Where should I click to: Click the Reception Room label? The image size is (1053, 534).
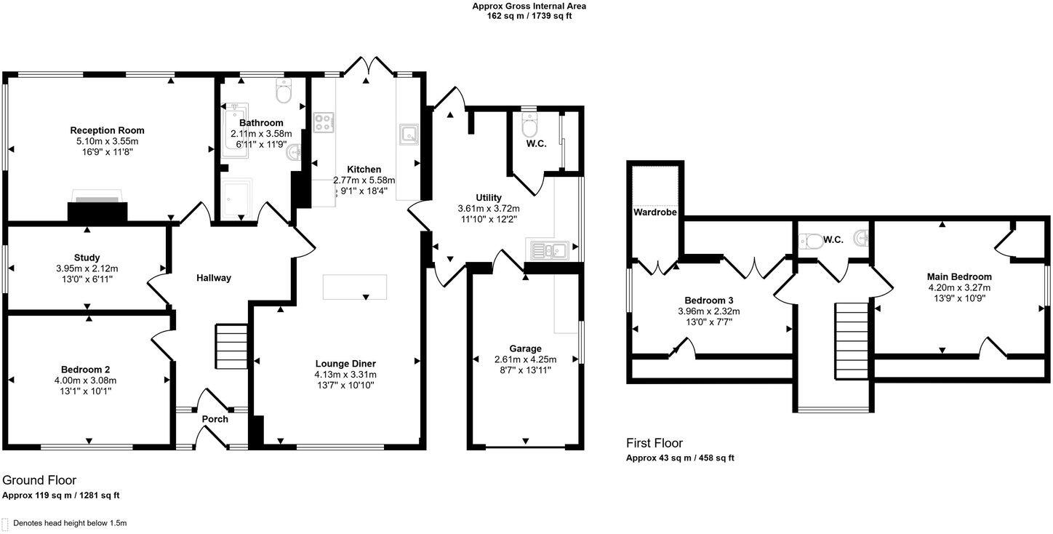pyautogui.click(x=107, y=131)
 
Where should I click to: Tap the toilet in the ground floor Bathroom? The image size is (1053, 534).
pyautogui.click(x=284, y=92)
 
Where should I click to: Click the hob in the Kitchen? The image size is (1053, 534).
pyautogui.click(x=323, y=123)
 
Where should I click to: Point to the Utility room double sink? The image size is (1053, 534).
pyautogui.click(x=549, y=251)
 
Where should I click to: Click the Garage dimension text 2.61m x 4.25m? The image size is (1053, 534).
pyautogui.click(x=525, y=359)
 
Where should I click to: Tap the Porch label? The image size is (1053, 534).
pyautogui.click(x=215, y=419)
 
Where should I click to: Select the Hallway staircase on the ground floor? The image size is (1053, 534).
pyautogui.click(x=231, y=348)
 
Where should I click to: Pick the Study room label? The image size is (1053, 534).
pyautogui.click(x=87, y=258)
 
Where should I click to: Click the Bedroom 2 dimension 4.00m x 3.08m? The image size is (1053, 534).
pyautogui.click(x=87, y=380)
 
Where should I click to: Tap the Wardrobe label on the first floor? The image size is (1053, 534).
pyautogui.click(x=654, y=212)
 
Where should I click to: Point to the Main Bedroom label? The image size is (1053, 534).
pyautogui.click(x=958, y=276)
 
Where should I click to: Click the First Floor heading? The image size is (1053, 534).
pyautogui.click(x=654, y=443)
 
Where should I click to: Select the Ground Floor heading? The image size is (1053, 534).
pyautogui.click(x=39, y=480)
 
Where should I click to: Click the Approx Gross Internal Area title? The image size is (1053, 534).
pyautogui.click(x=529, y=6)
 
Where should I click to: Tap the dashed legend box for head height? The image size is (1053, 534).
pyautogui.click(x=5, y=523)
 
